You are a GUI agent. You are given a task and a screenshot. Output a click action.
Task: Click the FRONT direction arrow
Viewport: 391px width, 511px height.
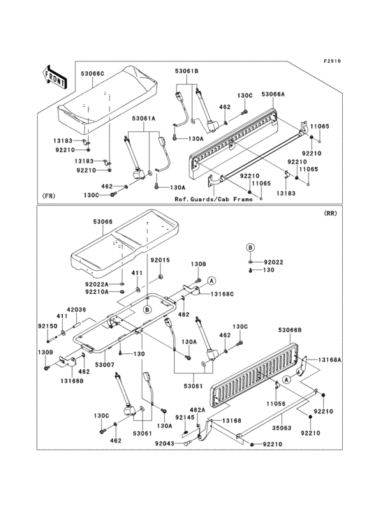pyautogui.click(x=54, y=77)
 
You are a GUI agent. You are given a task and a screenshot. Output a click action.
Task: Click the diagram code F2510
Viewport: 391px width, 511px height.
pyautogui.click(x=332, y=61)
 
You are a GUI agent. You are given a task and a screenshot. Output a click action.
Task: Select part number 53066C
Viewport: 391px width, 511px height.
pyautogui.click(x=93, y=74)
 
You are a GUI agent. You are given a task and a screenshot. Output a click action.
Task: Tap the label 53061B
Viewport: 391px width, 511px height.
pyautogui.click(x=186, y=71)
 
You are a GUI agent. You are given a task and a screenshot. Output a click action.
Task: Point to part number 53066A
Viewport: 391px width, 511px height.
pyautogui.click(x=273, y=94)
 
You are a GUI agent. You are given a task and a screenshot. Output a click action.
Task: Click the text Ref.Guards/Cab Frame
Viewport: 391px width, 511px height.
pyautogui.click(x=214, y=199)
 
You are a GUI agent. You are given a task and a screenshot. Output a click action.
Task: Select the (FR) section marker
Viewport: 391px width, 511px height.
pyautogui.click(x=49, y=196)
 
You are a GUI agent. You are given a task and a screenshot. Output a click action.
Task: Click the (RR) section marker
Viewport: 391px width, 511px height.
pyautogui.click(x=330, y=214)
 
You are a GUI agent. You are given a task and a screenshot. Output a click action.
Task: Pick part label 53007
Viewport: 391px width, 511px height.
pyautogui.click(x=104, y=364)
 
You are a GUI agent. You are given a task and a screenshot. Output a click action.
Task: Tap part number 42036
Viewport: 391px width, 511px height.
pyautogui.click(x=77, y=309)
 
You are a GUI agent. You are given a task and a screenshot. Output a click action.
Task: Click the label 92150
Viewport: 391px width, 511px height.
pyautogui.click(x=47, y=326)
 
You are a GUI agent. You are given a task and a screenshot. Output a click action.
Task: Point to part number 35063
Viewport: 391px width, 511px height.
pyautogui.click(x=281, y=428)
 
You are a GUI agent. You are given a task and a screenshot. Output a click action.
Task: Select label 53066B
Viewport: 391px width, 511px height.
pyautogui.click(x=290, y=330)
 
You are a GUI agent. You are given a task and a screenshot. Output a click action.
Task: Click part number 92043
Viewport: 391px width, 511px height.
pyautogui.click(x=165, y=443)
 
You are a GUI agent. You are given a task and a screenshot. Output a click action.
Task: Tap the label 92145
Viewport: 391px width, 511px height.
pyautogui.click(x=185, y=417)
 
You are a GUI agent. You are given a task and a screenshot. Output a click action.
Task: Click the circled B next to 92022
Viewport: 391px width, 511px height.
pyautogui.click(x=250, y=248)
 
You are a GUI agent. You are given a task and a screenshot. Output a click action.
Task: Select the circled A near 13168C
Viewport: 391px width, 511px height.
pyautogui.click(x=212, y=280)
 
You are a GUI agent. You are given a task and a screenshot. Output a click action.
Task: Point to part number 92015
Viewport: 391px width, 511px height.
pyautogui.click(x=160, y=260)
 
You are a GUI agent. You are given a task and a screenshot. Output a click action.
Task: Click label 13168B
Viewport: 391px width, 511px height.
pyautogui.click(x=71, y=380)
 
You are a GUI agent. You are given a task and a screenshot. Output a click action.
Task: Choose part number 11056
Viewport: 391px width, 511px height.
pyautogui.click(x=276, y=403)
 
